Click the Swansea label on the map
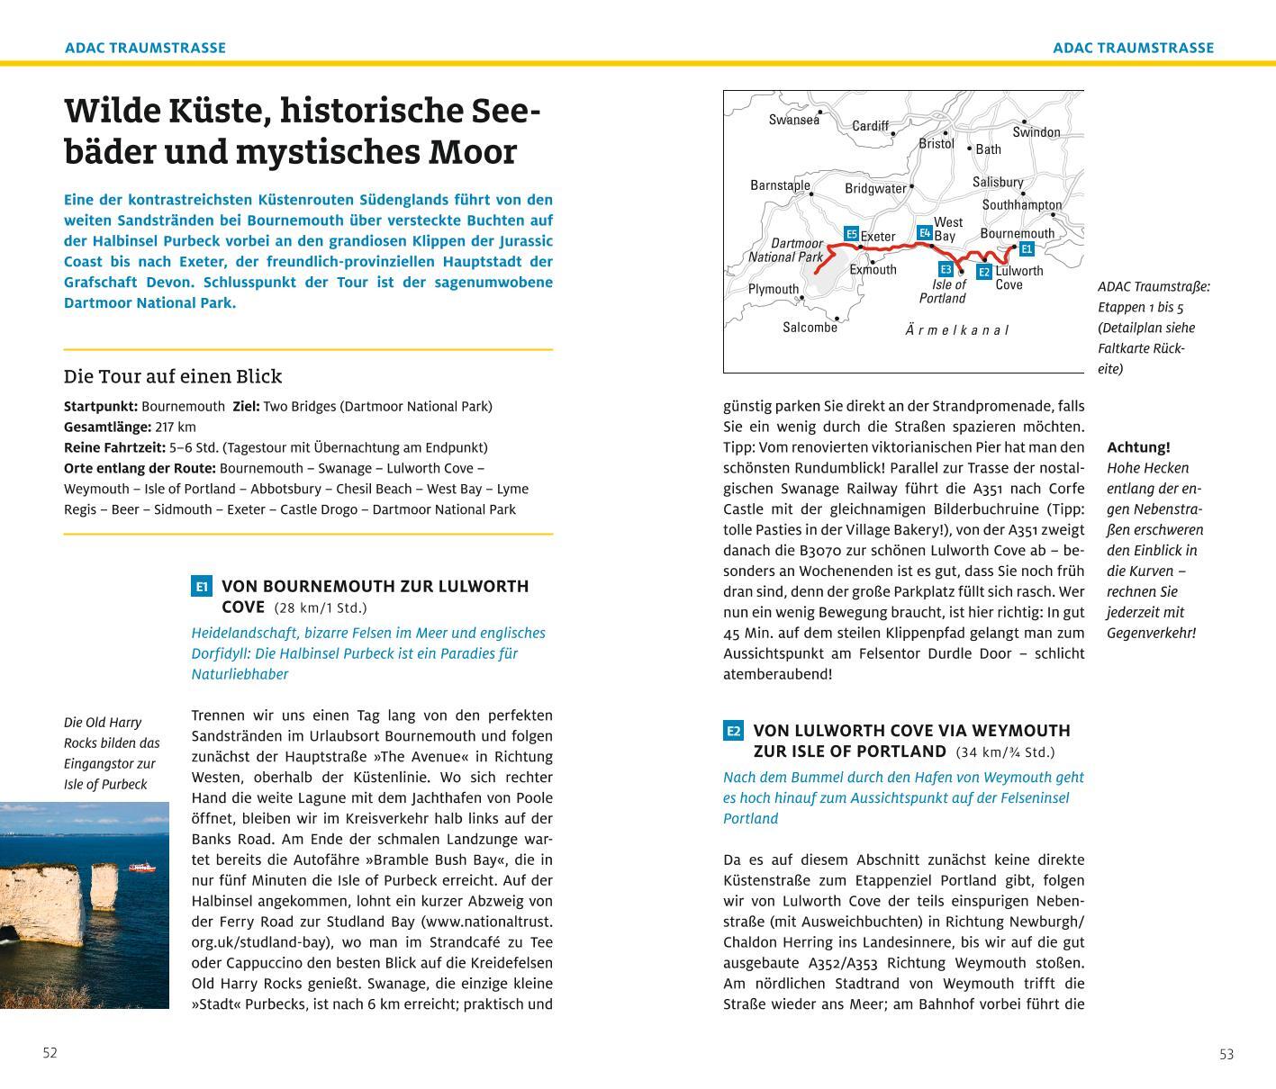tap(793, 120)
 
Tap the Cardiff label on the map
tap(870, 126)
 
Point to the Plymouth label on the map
tap(773, 289)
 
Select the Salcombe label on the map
tap(810, 328)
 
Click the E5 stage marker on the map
tap(851, 234)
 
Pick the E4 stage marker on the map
tap(924, 233)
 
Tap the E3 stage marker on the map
tap(946, 269)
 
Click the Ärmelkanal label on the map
tap(956, 330)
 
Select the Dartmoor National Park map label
tap(785, 250)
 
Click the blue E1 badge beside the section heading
tap(202, 587)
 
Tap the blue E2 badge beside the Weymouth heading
tap(734, 731)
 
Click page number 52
tap(50, 1053)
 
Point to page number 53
tap(1226, 1054)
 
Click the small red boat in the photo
tap(141, 868)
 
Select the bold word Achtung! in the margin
tap(1138, 447)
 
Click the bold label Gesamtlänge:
tap(101, 427)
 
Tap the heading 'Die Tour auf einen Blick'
tap(173, 376)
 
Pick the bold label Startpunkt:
tap(100, 406)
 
